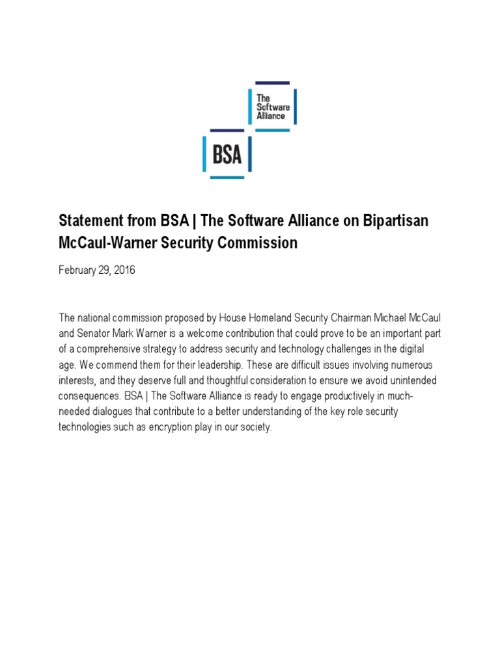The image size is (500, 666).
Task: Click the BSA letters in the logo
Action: [x=227, y=155]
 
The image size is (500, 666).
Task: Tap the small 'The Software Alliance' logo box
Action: [x=272, y=106]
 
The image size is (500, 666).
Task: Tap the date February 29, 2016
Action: [x=97, y=270]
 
